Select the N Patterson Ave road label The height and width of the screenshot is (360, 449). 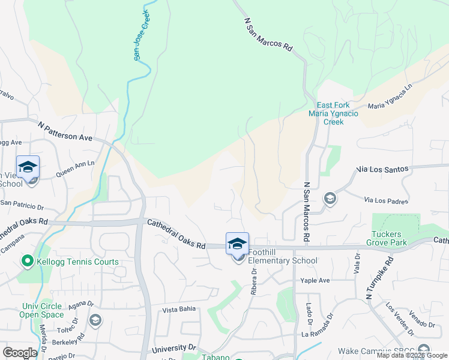click(x=65, y=132)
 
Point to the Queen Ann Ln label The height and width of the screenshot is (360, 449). click(x=75, y=168)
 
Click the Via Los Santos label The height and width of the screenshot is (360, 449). click(x=383, y=169)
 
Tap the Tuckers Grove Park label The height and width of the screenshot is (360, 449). click(x=389, y=238)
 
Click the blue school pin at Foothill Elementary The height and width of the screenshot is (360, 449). click(x=237, y=245)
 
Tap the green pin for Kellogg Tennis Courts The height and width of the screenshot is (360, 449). click(x=27, y=262)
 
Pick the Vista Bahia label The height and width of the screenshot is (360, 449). click(x=179, y=310)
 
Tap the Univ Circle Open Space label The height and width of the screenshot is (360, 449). click(x=41, y=310)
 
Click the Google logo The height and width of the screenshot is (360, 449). click(x=20, y=353)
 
